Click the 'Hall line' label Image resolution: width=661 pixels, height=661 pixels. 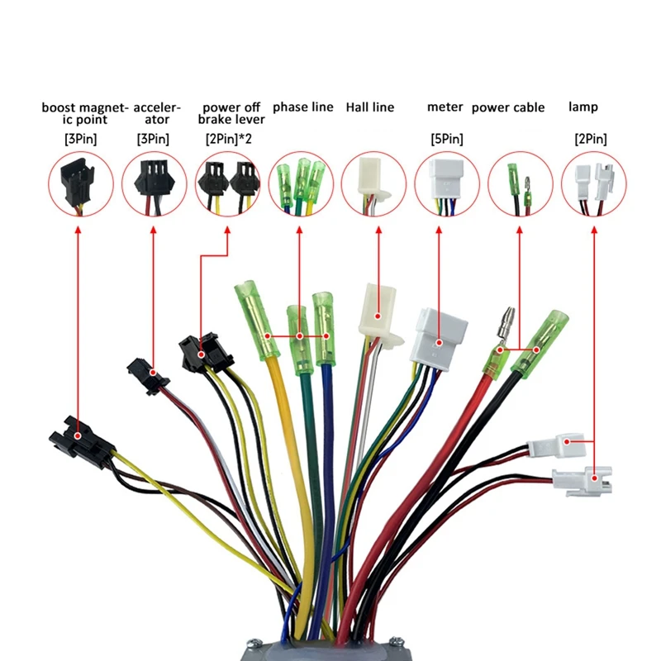[x=369, y=107]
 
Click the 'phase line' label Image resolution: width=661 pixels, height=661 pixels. [x=302, y=107]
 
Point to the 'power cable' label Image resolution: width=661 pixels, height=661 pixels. [x=508, y=107]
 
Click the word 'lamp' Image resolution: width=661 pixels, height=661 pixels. [x=583, y=107]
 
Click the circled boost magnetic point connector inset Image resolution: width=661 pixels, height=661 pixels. [x=79, y=184]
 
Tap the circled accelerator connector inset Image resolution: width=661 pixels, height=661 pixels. [x=153, y=184]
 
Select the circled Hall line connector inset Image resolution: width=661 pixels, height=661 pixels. [x=373, y=184]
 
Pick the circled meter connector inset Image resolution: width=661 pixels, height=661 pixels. [x=446, y=184]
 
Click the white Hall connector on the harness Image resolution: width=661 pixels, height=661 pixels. [x=377, y=314]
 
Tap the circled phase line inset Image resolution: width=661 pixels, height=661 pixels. [x=300, y=184]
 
